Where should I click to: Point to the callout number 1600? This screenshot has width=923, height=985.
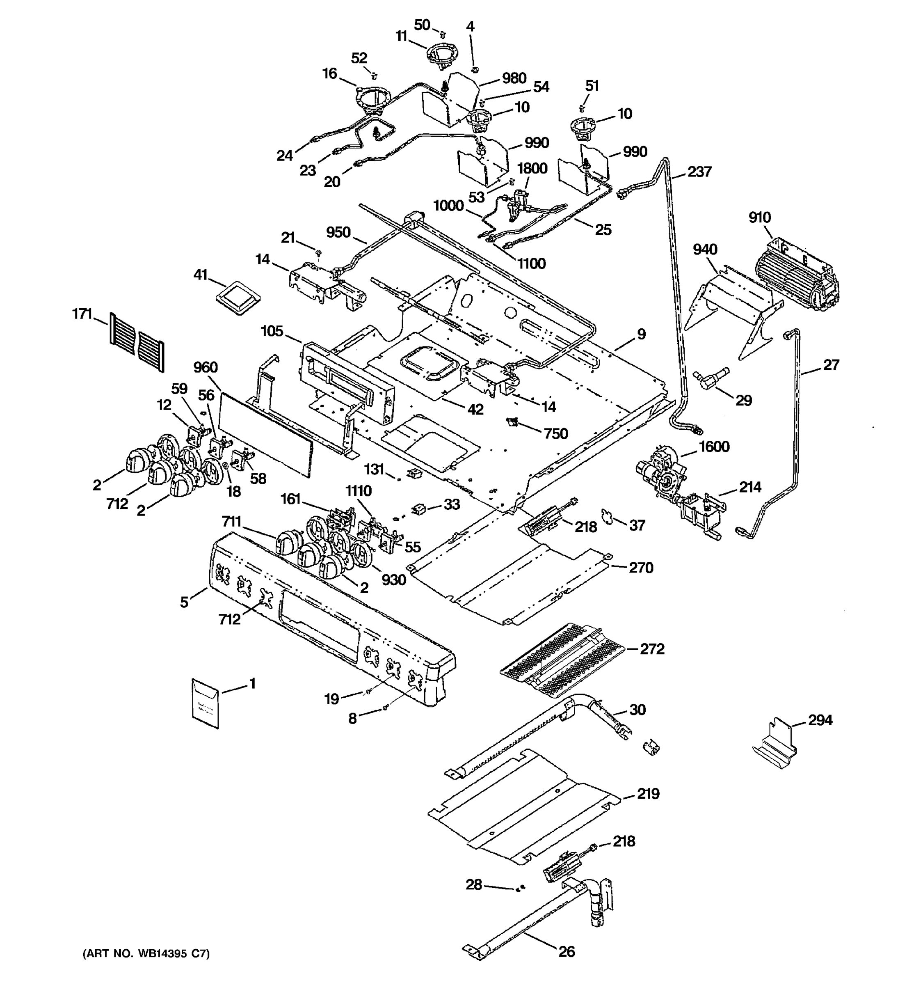713,447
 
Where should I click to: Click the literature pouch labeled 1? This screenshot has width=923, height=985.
205,703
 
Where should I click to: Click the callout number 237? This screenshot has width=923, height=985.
700,172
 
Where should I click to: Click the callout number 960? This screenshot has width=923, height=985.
206,367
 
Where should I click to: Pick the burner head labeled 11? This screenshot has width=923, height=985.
441,54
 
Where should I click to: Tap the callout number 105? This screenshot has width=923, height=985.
272,331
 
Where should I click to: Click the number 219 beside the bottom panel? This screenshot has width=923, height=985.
648,794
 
